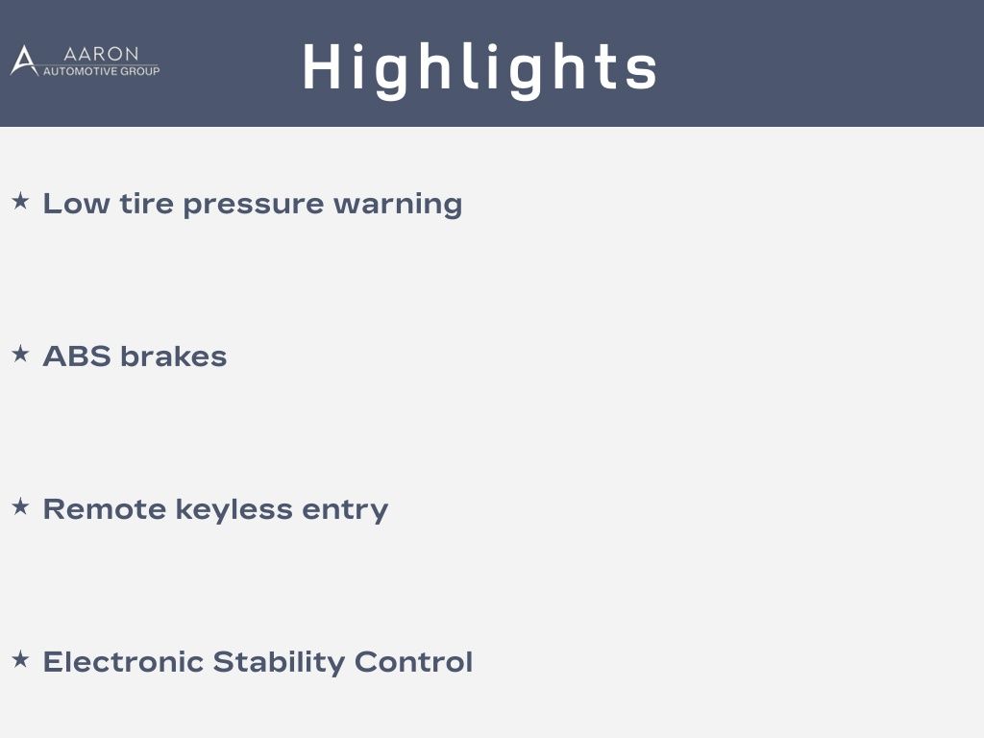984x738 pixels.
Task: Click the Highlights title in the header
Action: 480,69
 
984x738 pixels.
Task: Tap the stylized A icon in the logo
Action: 24,61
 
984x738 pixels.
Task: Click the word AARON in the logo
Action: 101,54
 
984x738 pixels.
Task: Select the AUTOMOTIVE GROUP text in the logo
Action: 101,71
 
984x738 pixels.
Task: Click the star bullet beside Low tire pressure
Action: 21,202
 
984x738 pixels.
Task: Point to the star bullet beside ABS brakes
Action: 21,354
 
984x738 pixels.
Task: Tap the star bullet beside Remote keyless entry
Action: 21,506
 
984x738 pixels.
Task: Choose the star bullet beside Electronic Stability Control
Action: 21,659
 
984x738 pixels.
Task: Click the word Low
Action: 76,204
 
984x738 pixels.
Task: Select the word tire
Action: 146,204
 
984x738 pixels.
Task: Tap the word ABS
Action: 77,357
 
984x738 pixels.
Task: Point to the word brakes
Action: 173,357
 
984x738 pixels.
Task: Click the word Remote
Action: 104,509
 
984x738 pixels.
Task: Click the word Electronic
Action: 123,661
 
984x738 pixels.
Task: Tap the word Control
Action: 413,661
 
